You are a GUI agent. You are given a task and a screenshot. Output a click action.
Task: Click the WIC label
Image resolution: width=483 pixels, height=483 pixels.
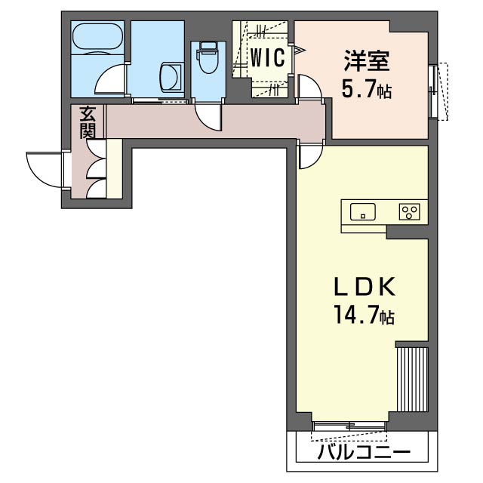(268, 58)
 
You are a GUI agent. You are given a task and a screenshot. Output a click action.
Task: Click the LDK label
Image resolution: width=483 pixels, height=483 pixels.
(365, 288)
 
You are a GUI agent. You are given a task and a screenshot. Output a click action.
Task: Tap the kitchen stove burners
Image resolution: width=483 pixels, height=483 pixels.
(411, 212)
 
